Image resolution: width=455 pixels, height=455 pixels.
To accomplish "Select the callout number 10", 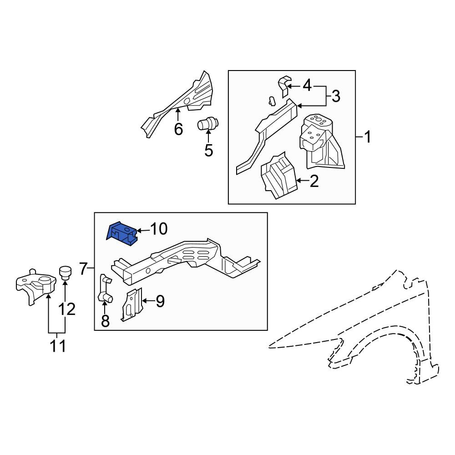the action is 159,229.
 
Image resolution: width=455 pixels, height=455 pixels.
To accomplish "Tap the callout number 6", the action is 178,129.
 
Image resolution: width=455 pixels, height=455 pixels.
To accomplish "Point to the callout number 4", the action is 307,86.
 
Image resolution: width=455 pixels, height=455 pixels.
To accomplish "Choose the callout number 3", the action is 336,96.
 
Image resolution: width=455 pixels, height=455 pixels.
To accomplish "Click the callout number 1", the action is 368,136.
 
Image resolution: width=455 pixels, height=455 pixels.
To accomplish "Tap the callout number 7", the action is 83,269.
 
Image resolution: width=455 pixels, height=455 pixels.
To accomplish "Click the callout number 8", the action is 106,321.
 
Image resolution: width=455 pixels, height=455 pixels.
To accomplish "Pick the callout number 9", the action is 160,301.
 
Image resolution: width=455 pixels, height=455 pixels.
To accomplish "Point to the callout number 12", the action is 67,309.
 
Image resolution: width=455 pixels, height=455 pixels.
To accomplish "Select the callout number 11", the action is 58,346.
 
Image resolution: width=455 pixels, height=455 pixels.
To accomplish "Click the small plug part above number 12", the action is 66,273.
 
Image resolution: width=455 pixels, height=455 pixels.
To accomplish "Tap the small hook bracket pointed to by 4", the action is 284,86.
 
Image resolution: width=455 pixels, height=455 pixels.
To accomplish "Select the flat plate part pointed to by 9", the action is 132,304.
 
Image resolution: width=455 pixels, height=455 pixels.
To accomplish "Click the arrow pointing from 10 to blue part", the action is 143,231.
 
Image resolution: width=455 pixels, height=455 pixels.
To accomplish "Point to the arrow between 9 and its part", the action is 148,301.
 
